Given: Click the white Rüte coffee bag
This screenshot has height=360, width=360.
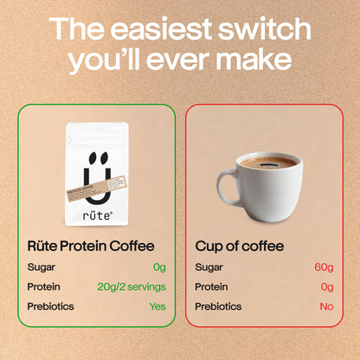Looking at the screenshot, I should tap(97, 174).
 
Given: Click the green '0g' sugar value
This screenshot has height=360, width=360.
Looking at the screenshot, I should tap(158, 267).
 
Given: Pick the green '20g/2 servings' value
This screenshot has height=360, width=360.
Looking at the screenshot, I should tap(129, 286).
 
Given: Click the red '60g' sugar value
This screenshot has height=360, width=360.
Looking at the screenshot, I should tap(325, 267).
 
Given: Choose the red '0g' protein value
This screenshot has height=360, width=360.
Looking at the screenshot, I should tap(327, 286).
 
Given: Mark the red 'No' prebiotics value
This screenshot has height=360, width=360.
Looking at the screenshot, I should tap(326, 306).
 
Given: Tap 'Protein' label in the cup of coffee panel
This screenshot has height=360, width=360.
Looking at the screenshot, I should tap(212, 286).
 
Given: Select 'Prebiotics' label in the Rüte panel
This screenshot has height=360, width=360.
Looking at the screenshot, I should tap(50, 306).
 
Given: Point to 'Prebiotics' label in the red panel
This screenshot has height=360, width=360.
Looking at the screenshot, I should tap(217, 306).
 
